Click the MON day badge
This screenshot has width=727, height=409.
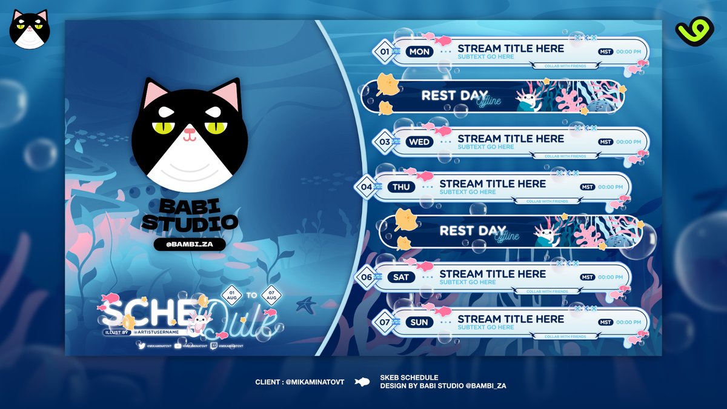coord(419,52)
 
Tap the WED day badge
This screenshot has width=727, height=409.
coord(419,142)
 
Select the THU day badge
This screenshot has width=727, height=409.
coord(401,187)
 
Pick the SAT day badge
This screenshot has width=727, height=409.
coord(401,278)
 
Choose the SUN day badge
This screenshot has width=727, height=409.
coord(419,322)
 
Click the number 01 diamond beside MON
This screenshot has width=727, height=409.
coord(384,52)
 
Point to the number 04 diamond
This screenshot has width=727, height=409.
coord(367,187)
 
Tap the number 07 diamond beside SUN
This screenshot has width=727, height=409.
coord(384,322)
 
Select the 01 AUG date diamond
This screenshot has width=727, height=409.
coord(232,296)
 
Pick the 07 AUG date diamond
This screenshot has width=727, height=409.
coord(271,296)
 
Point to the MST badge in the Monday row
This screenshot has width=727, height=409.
coord(605,52)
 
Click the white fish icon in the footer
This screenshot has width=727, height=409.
coord(362,382)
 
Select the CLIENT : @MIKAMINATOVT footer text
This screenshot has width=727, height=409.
coord(300,382)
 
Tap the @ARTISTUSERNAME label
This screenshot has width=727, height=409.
coord(158,332)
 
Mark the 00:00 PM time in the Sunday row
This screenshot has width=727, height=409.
coord(628,322)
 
